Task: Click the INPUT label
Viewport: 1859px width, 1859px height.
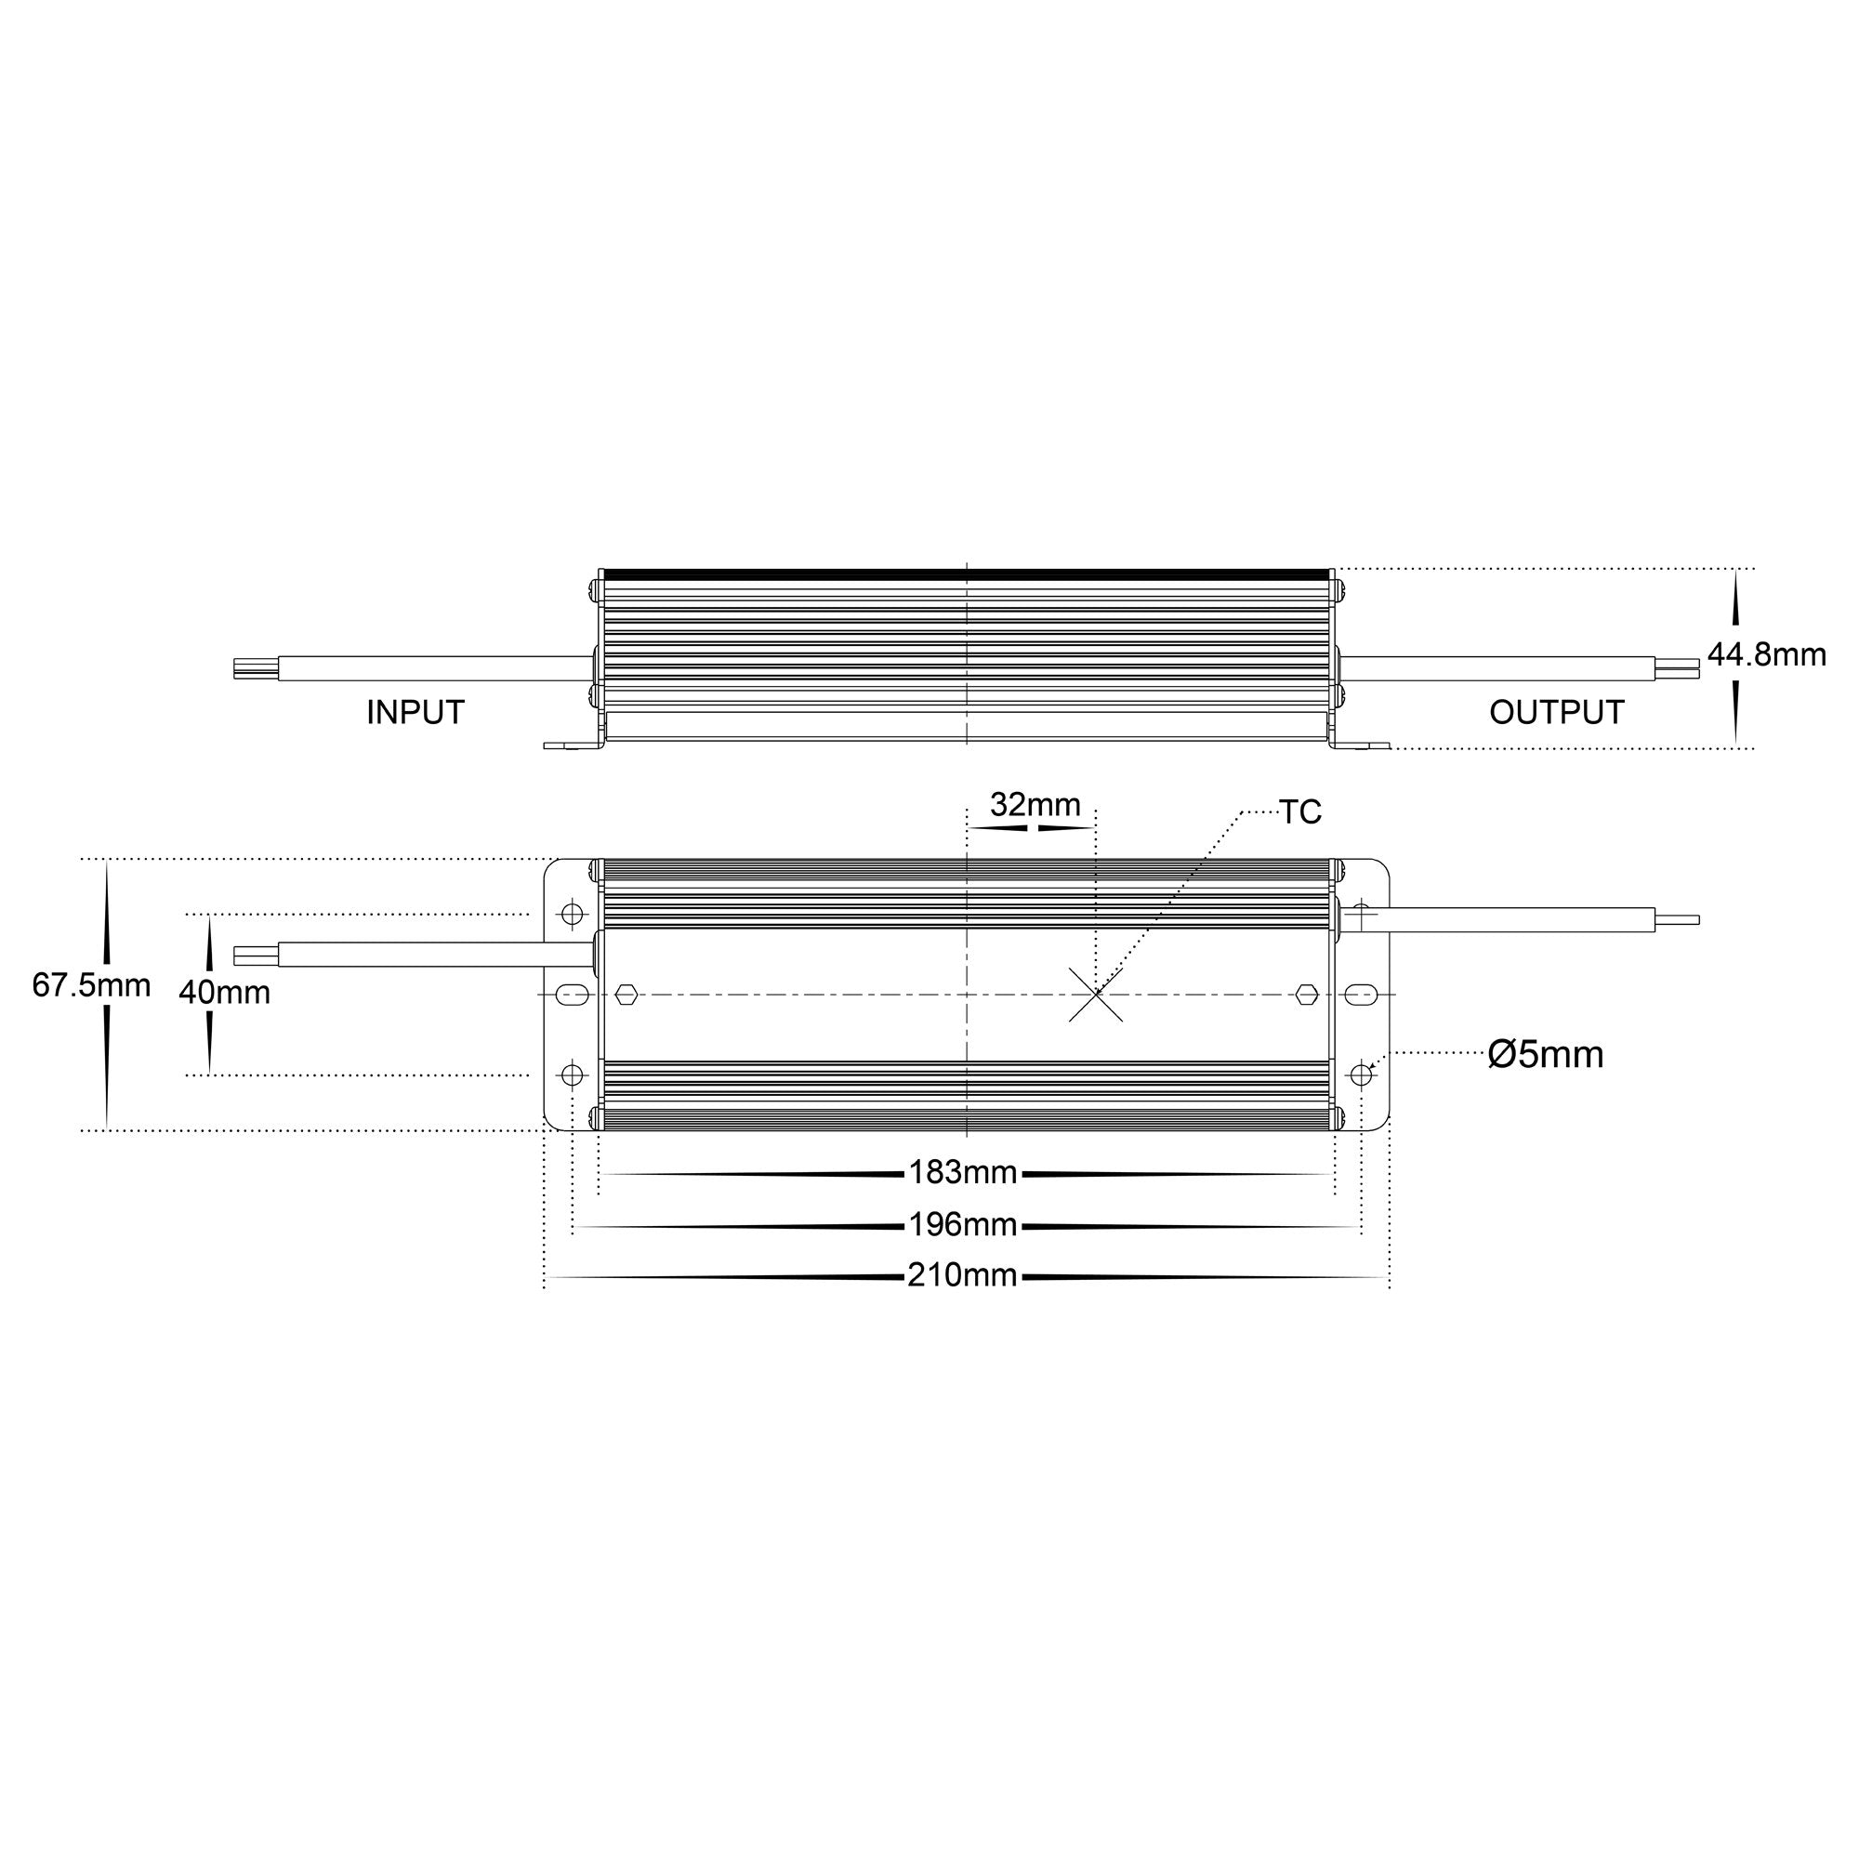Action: click(x=415, y=713)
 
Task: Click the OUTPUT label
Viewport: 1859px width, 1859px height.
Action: click(x=1557, y=713)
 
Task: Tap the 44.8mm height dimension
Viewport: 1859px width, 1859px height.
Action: click(x=1767, y=655)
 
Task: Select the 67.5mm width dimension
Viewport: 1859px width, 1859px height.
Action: click(x=91, y=985)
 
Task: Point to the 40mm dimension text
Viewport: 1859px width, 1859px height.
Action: click(x=224, y=992)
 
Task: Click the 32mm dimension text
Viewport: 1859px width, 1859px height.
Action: click(x=1035, y=804)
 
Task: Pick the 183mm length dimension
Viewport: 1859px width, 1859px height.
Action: click(x=963, y=1172)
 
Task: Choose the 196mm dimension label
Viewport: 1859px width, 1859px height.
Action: click(x=963, y=1225)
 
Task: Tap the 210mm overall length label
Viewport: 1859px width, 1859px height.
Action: click(x=962, y=1275)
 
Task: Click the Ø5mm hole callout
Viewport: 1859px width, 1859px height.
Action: click(x=1546, y=1055)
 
